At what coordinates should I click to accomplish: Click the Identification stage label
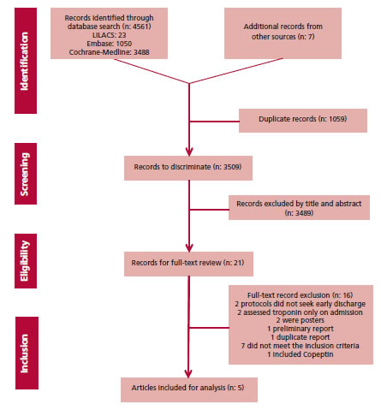(26, 61)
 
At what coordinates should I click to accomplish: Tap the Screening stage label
(26, 174)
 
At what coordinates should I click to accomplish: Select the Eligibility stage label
(26, 261)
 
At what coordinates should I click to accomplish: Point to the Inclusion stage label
(27, 353)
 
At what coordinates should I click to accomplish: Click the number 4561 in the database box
(140, 27)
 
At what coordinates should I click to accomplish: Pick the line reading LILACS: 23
(109, 35)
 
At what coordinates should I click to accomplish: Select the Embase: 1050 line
(109, 44)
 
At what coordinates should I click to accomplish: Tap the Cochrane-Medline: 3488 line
(109, 52)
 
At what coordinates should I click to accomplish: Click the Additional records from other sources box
(283, 33)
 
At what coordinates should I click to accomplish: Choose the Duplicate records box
(303, 121)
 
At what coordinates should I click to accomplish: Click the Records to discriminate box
(188, 168)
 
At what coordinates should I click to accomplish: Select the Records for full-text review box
(188, 264)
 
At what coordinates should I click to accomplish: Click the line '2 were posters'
(300, 320)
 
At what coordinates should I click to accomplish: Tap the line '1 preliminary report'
(301, 329)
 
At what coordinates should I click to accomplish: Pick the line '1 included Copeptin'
(301, 354)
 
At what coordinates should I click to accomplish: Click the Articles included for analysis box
(189, 389)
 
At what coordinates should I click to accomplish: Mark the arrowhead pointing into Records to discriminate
(189, 152)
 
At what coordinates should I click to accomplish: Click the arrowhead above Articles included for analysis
(188, 373)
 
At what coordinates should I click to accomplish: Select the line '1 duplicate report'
(301, 337)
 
